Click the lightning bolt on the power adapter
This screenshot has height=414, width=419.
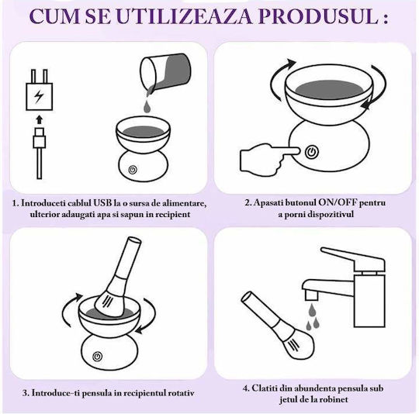39,96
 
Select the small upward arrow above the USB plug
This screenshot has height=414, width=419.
40,119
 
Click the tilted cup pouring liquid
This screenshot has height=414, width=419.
165,71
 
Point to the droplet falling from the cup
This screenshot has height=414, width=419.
147,107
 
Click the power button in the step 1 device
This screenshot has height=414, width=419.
133,170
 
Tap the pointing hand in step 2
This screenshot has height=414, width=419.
268,157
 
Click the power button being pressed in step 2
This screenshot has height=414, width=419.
312,152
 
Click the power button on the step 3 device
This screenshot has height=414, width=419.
98,357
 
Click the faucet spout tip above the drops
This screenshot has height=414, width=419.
311,295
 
